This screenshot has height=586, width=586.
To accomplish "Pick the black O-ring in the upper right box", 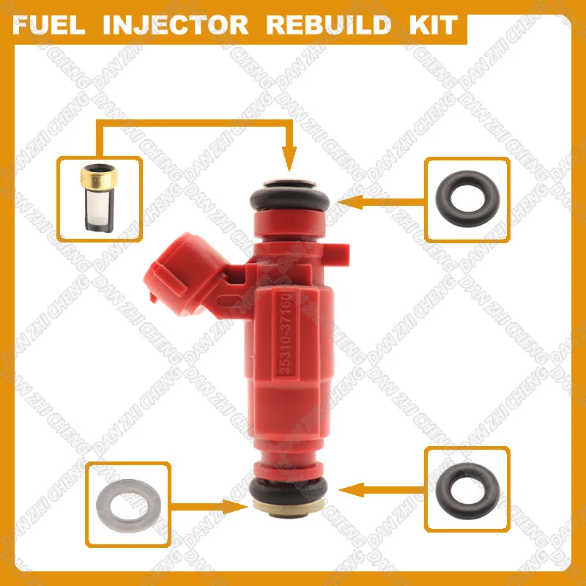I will click(467, 197).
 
